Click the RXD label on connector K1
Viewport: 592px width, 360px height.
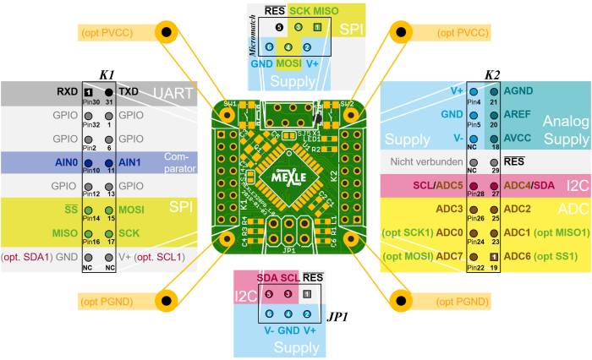pos(67,90)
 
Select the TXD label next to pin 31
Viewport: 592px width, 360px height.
pos(129,90)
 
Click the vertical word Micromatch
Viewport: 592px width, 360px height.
pos(252,34)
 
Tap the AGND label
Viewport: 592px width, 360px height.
pos(517,90)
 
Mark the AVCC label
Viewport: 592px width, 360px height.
pos(517,137)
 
